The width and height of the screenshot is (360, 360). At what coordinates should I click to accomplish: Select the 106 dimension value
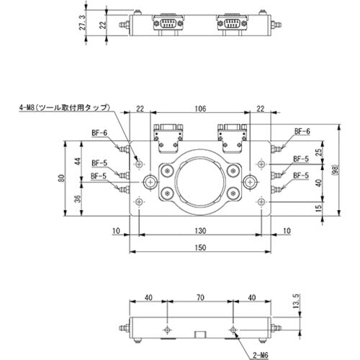(x=200, y=108)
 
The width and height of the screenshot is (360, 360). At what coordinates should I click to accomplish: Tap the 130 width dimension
(x=200, y=230)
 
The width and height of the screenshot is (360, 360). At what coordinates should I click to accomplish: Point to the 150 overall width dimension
(x=200, y=248)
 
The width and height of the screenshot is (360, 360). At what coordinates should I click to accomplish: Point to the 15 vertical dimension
(x=317, y=208)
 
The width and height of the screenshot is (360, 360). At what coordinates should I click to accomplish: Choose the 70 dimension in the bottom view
(x=200, y=297)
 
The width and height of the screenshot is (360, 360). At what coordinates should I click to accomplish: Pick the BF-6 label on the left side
(x=99, y=132)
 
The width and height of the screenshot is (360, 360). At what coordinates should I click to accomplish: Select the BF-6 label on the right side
(x=302, y=132)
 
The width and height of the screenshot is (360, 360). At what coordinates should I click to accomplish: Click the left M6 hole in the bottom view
(x=167, y=329)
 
